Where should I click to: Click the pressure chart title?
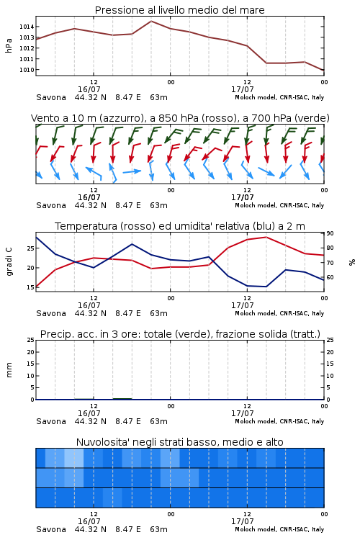click(179, 10)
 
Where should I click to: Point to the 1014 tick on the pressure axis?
click(27, 27)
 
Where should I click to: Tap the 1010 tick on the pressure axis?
click(27, 70)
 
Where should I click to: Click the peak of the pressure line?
click(151, 21)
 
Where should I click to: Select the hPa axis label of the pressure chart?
click(9, 45)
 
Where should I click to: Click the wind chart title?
click(180, 118)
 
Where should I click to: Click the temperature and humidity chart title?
click(180, 226)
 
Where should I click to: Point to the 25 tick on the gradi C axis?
click(31, 248)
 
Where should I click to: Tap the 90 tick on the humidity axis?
click(330, 233)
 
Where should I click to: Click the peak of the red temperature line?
click(266, 237)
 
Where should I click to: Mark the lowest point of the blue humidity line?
click(266, 287)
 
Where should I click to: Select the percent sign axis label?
click(352, 262)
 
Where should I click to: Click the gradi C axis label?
click(9, 262)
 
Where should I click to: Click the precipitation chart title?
click(180, 334)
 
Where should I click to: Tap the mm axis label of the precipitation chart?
click(9, 370)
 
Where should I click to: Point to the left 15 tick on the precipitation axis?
click(31, 364)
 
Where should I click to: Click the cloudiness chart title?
click(179, 442)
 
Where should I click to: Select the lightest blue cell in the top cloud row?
click(74, 458)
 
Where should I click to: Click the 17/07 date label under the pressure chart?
click(242, 89)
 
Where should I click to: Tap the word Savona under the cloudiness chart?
click(51, 529)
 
